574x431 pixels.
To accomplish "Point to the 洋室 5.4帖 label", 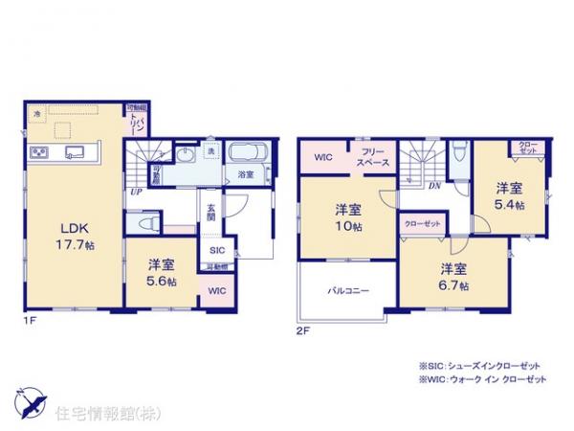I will [509, 196].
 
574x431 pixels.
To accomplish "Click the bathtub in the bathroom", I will [246, 153].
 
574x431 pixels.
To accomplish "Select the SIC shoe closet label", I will [217, 249].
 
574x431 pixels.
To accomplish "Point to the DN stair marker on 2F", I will [433, 185].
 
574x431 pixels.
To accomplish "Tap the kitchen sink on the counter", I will [73, 151].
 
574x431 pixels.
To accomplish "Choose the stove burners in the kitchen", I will [40, 151].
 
